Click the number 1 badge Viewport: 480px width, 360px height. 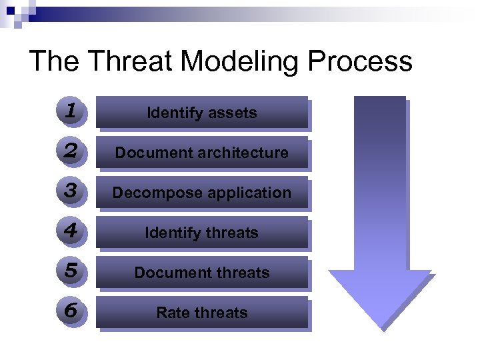(x=71, y=111)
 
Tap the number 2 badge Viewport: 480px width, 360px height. (x=71, y=151)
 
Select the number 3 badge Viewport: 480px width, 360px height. (x=71, y=191)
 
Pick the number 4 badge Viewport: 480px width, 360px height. (x=71, y=231)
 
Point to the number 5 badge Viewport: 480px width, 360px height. (x=71, y=271)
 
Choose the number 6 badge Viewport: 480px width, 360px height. (x=71, y=311)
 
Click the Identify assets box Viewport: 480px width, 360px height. (x=202, y=113)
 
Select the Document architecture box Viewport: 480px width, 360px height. (x=202, y=153)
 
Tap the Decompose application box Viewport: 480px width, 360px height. (x=202, y=193)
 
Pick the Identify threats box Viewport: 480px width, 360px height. (x=202, y=233)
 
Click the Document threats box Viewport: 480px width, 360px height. (x=202, y=273)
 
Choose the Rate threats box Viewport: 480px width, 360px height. (x=202, y=313)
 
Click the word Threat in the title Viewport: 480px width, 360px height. (x=131, y=61)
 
